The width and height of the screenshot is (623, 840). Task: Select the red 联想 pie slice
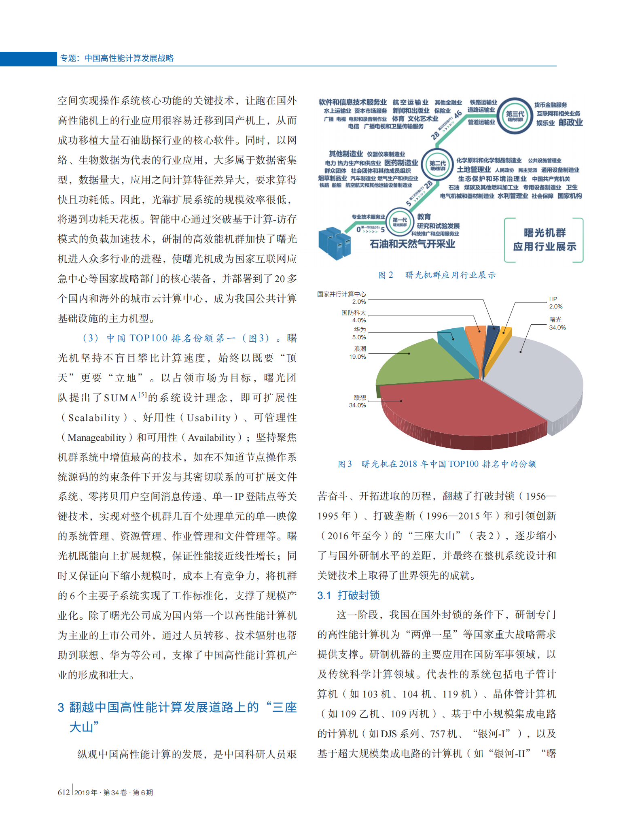pyautogui.click(x=457, y=409)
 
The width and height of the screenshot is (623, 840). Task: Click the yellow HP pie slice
pyautogui.click(x=504, y=338)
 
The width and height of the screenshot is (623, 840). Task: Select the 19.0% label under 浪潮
pyautogui.click(x=358, y=357)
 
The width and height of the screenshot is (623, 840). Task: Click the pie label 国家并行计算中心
pyautogui.click(x=341, y=294)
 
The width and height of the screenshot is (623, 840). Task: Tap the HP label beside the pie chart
pyautogui.click(x=553, y=299)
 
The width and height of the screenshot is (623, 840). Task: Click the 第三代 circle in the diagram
pyautogui.click(x=515, y=115)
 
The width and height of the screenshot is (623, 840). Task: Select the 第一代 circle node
pyautogui.click(x=400, y=221)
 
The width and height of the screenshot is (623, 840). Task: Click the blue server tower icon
pyautogui.click(x=335, y=243)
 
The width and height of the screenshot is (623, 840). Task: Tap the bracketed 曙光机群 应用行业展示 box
pyautogui.click(x=544, y=240)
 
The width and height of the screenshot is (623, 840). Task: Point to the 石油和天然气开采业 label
pyautogui.click(x=412, y=244)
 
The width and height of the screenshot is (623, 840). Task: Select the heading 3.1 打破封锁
pyautogui.click(x=348, y=595)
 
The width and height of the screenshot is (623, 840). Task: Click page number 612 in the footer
pyautogui.click(x=64, y=792)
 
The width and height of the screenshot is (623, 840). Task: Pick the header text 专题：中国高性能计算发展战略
pyautogui.click(x=117, y=58)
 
